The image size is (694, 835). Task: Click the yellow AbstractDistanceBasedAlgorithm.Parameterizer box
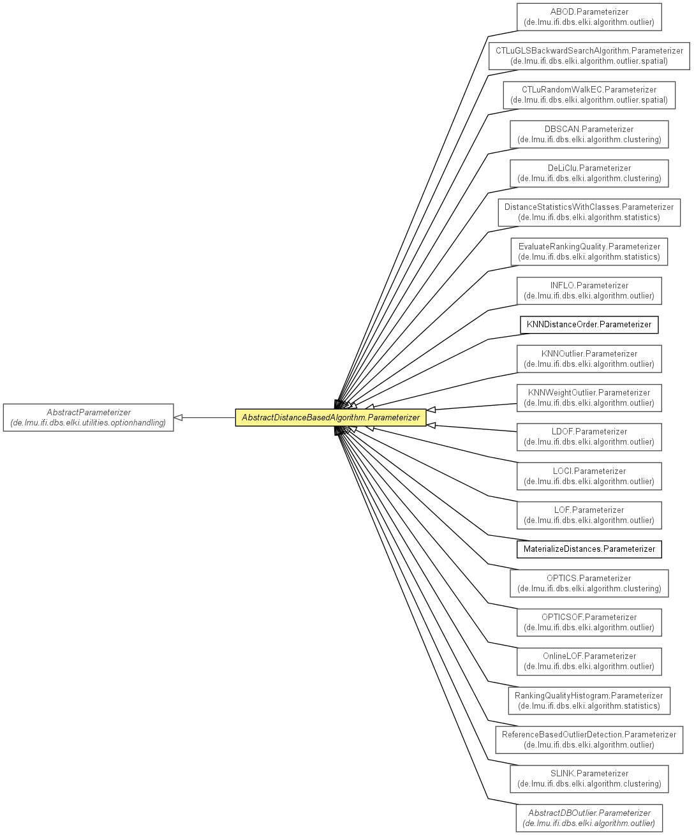[x=330, y=417]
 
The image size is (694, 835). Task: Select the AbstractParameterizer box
[x=89, y=417]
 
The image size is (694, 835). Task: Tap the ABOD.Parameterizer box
[x=589, y=17]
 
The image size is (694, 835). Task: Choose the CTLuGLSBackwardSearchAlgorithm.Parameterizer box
[x=589, y=56]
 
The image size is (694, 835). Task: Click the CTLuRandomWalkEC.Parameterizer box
[x=589, y=95]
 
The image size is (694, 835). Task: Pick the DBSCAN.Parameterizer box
[x=589, y=135]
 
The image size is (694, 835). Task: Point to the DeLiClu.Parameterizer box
[x=589, y=174]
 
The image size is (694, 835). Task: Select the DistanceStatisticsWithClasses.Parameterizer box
[x=589, y=212]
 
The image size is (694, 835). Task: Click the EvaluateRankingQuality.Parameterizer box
[x=589, y=251]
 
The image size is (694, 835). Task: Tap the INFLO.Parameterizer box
[x=589, y=291]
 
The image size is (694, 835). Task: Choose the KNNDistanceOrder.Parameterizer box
[x=589, y=325]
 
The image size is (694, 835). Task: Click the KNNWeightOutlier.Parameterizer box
[x=589, y=398]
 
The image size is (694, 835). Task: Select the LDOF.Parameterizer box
[x=589, y=437]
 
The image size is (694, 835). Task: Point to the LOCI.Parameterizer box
[x=589, y=477]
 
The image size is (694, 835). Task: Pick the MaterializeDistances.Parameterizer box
[x=589, y=549]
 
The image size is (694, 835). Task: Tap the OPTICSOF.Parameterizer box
[x=589, y=622]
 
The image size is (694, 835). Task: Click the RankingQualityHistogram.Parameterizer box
[x=589, y=700]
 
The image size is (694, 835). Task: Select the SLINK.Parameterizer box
[x=589, y=779]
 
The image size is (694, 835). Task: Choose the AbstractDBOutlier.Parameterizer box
[x=589, y=818]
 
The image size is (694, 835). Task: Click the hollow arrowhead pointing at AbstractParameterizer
[x=178, y=417]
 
